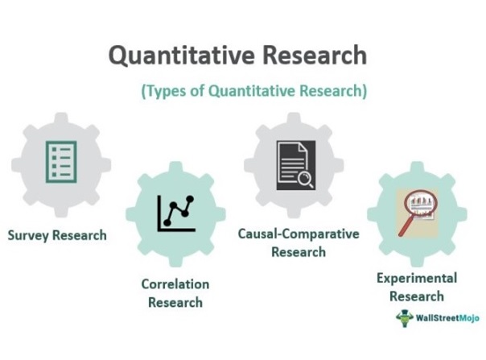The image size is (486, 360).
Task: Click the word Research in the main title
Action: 315,55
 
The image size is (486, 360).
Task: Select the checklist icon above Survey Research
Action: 61,162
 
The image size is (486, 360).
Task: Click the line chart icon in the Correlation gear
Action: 176,213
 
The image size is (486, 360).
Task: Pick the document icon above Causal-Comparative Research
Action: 296,165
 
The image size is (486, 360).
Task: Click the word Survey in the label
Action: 28,235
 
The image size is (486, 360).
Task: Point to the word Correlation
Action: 175,284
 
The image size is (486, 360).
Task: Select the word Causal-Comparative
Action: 299,234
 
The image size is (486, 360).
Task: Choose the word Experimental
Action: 417,279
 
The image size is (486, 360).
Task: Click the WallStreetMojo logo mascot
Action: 404,318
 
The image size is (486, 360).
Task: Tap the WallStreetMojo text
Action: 447,318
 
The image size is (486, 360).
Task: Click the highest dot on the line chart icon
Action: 190,199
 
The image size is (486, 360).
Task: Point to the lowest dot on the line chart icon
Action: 167,222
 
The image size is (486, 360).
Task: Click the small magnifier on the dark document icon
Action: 306,180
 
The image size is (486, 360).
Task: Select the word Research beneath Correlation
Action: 175,303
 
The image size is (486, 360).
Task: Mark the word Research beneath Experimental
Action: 417,296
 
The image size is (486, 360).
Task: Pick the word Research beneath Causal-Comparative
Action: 299,252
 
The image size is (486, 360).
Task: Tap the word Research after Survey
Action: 80,235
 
